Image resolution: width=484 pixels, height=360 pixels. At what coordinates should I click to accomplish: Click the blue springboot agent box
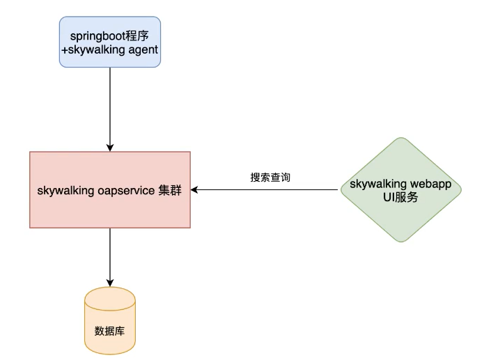point(109,42)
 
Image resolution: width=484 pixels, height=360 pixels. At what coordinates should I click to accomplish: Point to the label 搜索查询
point(270,178)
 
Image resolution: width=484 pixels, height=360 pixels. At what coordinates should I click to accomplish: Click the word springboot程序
point(109,36)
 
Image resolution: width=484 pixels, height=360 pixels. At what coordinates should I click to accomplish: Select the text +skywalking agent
point(109,49)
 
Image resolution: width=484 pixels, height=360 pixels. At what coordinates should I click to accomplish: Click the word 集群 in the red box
point(170,190)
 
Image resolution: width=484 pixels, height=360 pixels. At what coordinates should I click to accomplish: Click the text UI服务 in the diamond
point(400,196)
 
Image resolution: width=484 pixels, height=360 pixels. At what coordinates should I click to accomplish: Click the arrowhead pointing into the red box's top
point(109,148)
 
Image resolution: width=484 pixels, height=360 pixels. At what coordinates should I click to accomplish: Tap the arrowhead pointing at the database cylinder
point(109,283)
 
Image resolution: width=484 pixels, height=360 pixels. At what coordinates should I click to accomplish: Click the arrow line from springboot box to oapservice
point(109,104)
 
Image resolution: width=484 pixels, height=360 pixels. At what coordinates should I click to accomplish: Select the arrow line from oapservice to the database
point(109,254)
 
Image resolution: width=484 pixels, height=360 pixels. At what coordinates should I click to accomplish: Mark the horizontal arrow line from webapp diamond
point(272,189)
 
